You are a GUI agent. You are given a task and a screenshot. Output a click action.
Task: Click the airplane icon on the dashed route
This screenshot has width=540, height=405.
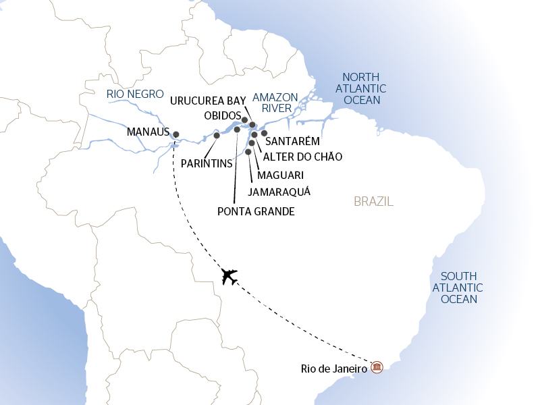coord(230,277)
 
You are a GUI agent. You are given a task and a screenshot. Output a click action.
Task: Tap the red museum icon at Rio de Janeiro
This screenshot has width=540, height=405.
coord(377,367)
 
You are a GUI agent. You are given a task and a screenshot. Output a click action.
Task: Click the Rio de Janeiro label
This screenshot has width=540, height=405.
coord(334,369)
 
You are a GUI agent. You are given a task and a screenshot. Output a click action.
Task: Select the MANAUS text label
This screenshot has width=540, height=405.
coord(147,133)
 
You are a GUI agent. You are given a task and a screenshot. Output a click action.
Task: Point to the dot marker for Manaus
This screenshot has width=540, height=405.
coord(176,134)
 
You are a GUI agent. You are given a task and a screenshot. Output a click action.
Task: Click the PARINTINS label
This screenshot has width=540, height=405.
coord(207,163)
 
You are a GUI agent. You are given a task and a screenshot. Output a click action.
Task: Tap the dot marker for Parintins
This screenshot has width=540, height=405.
coord(217,136)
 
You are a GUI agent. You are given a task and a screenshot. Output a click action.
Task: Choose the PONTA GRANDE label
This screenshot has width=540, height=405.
coord(256,211)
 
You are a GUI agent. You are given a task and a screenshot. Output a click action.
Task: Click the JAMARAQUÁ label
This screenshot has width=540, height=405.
coord(279,192)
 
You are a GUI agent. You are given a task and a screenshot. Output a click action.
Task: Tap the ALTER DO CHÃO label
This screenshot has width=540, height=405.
coord(302,157)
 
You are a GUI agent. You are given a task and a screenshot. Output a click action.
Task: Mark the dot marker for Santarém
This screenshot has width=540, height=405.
coord(265,134)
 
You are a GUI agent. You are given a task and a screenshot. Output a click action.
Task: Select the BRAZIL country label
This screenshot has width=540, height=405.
coord(373,202)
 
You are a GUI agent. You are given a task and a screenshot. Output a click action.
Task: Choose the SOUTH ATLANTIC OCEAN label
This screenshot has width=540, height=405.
coord(458,288)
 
